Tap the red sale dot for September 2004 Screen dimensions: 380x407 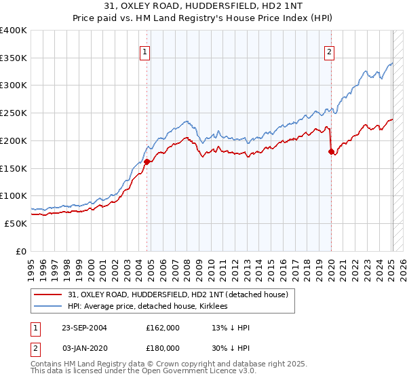(x=147, y=161)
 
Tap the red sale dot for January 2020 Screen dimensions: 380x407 (x=331, y=151)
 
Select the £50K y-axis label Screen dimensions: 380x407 (x=16, y=223)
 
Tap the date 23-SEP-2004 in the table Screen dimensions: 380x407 (x=85, y=328)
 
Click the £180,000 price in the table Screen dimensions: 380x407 (x=163, y=347)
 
